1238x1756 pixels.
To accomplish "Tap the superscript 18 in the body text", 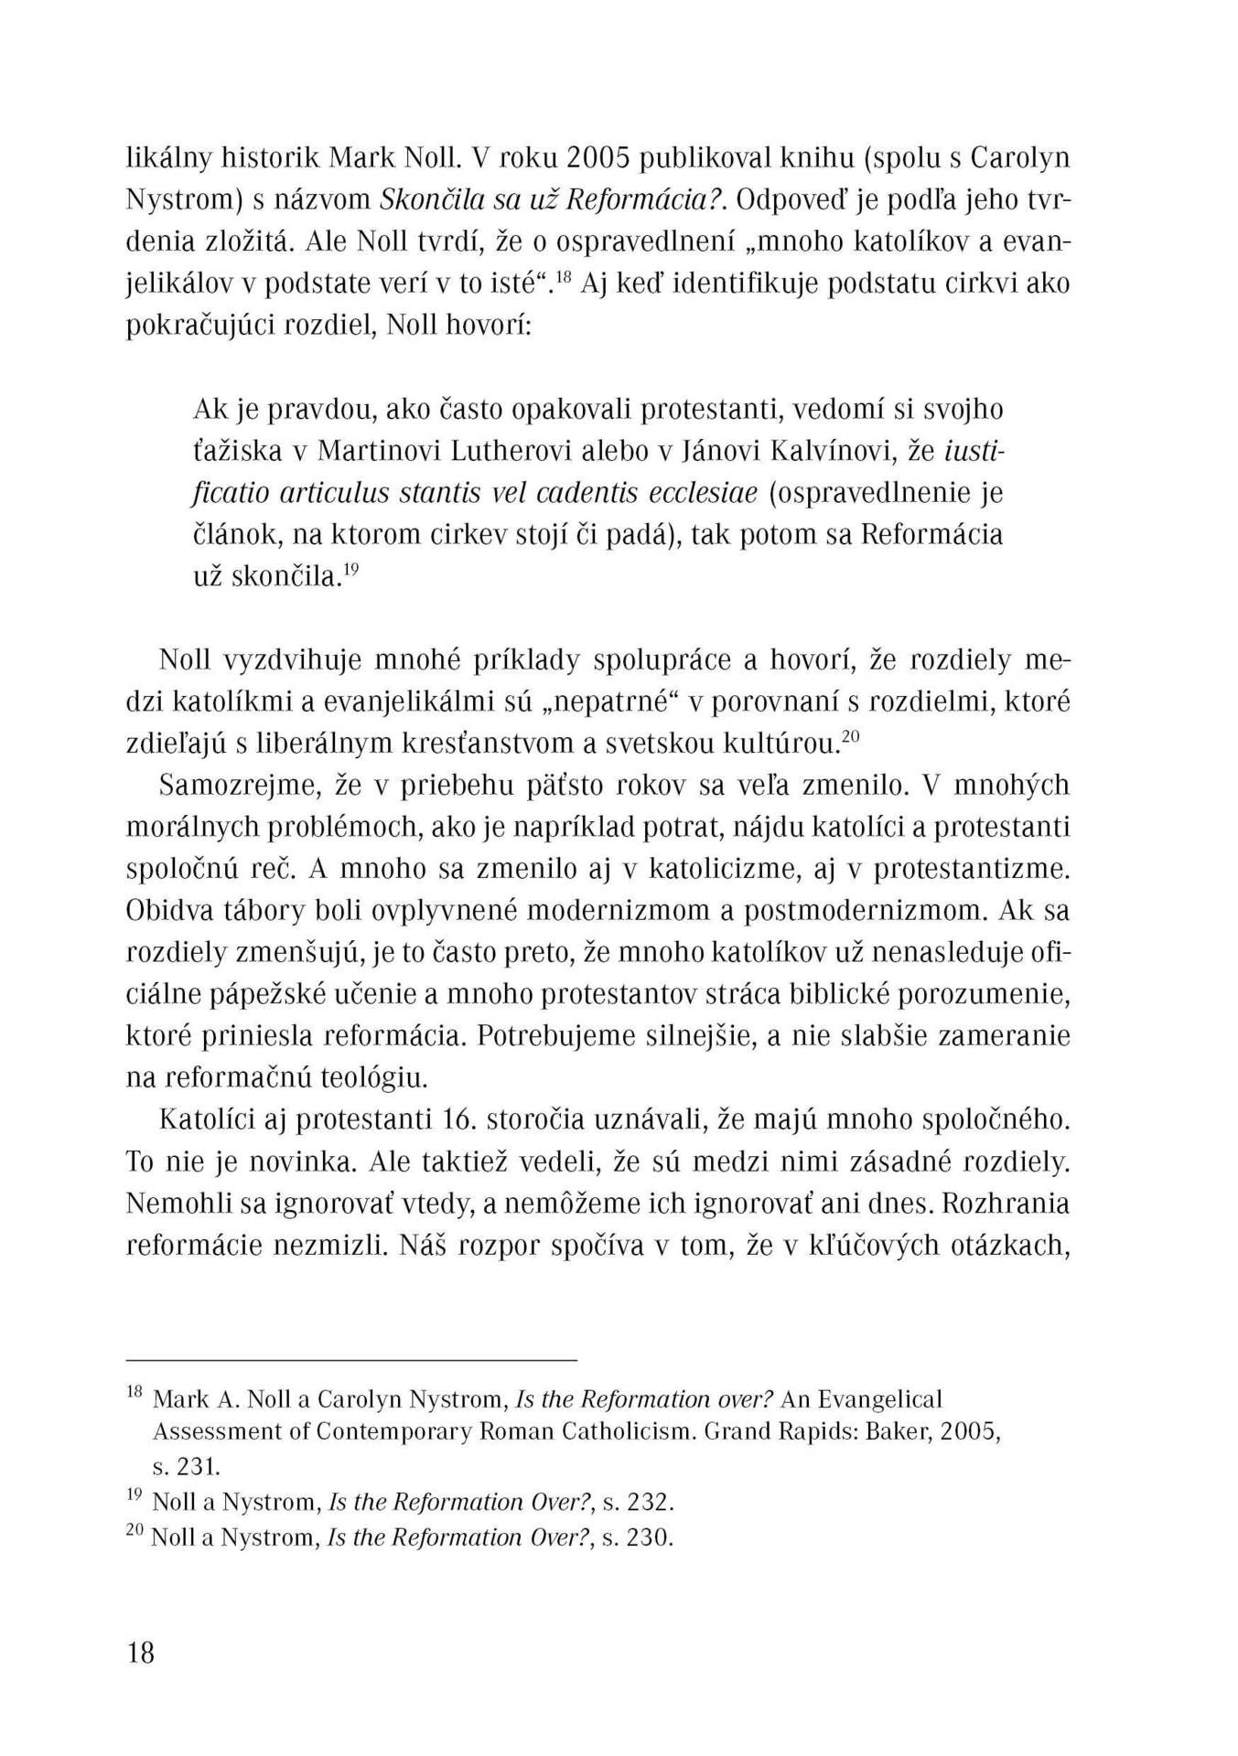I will click(562, 275).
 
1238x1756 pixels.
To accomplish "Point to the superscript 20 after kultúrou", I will click(850, 736).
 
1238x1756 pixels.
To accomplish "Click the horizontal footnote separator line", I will click(351, 1361).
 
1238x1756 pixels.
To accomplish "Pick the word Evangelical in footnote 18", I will click(878, 1399).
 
